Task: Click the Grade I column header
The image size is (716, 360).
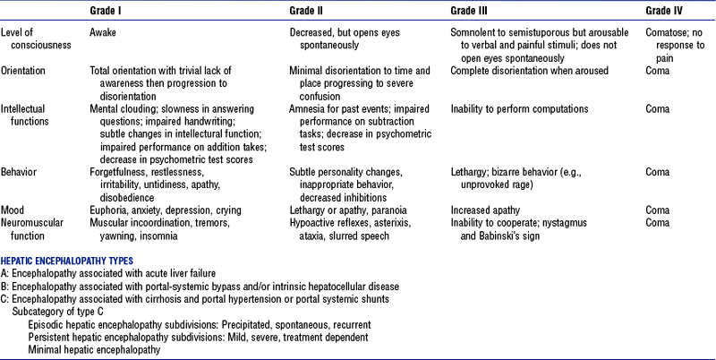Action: tap(109, 10)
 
